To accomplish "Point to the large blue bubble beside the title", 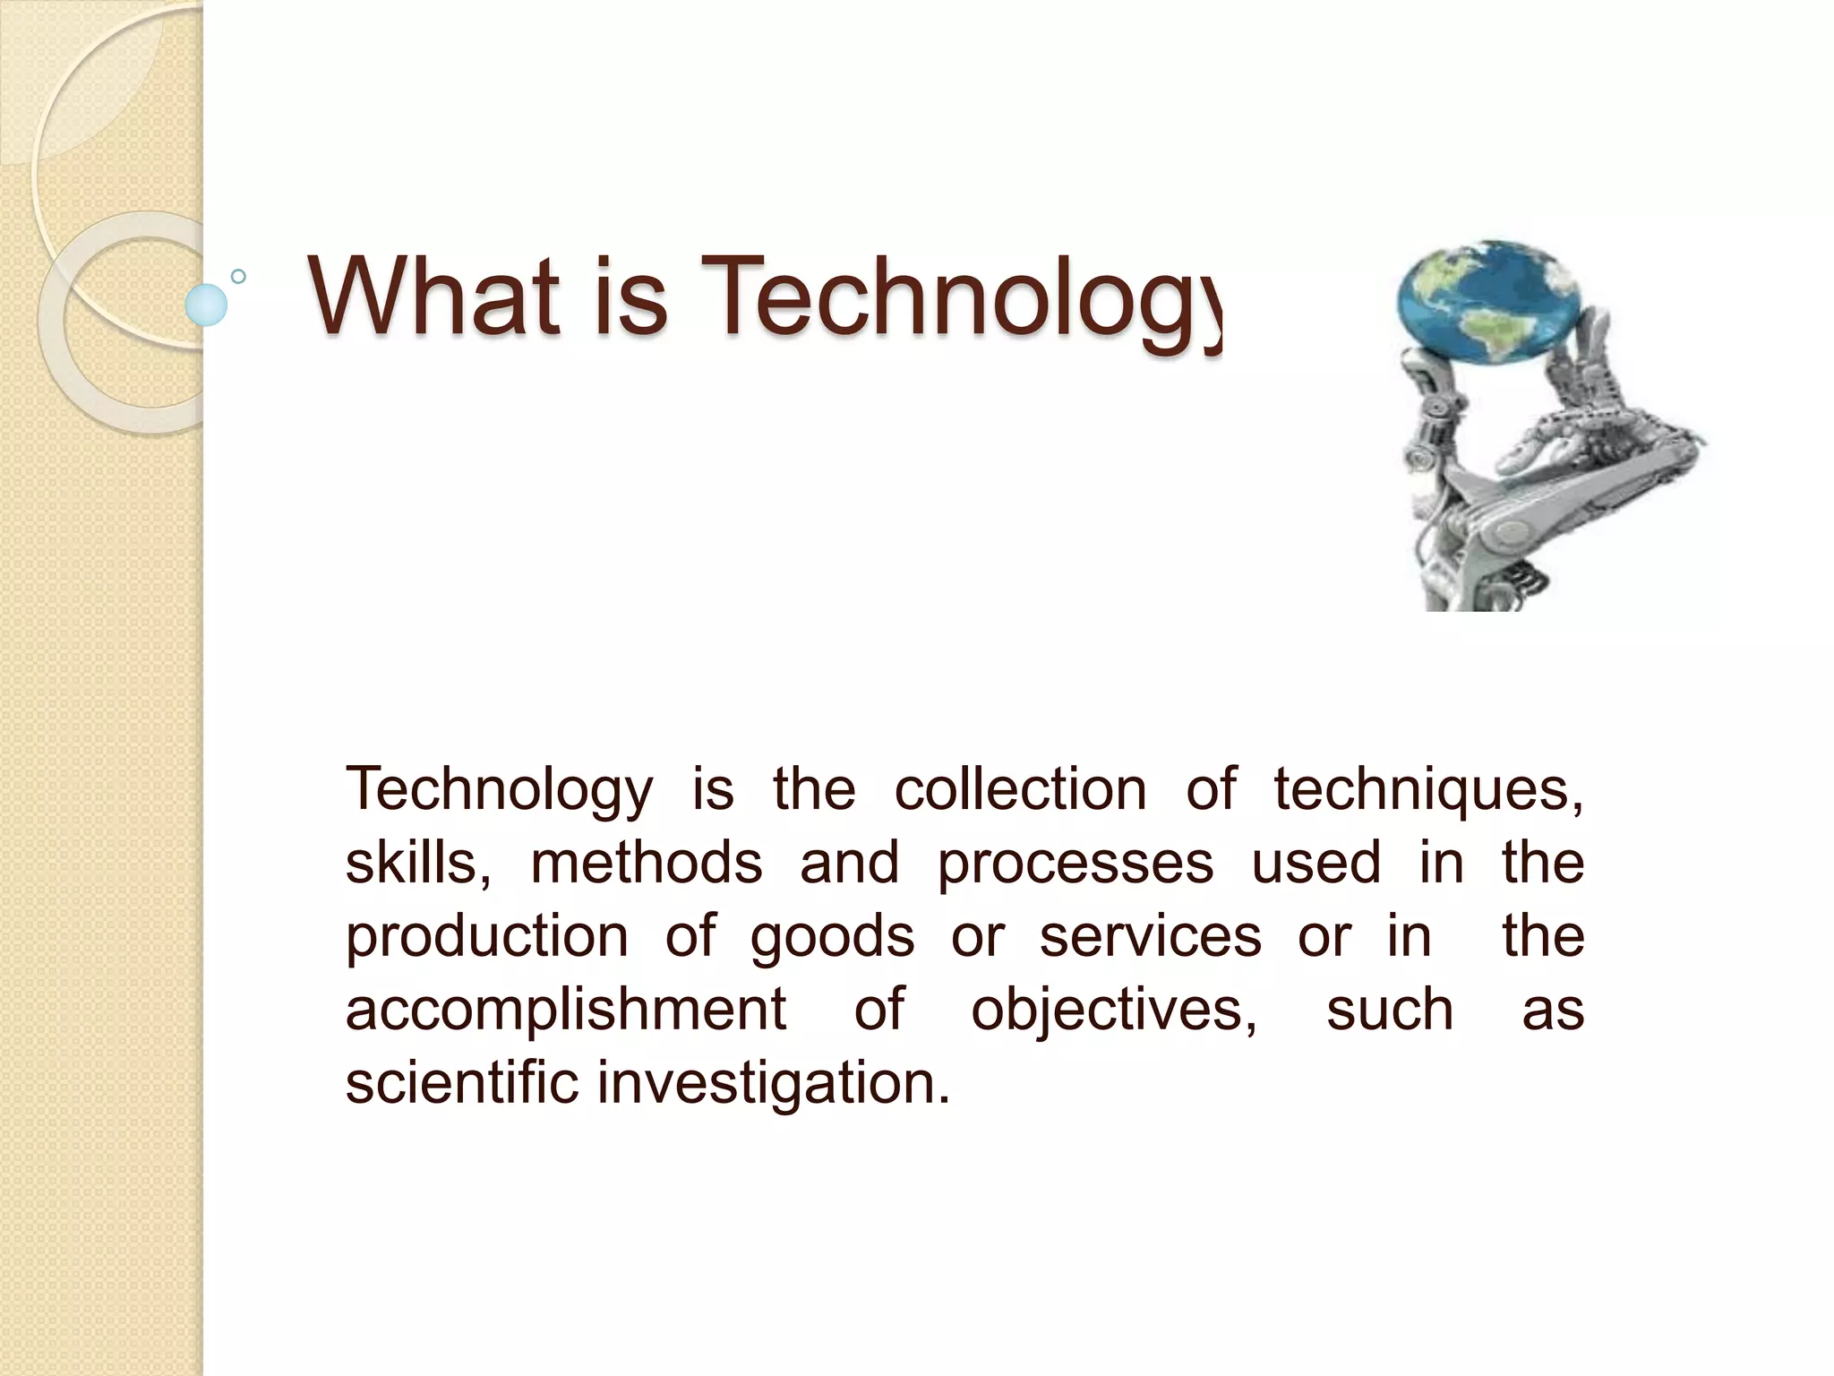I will [x=206, y=305].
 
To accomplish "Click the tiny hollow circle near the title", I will [x=238, y=277].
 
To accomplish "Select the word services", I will [x=1150, y=937].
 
